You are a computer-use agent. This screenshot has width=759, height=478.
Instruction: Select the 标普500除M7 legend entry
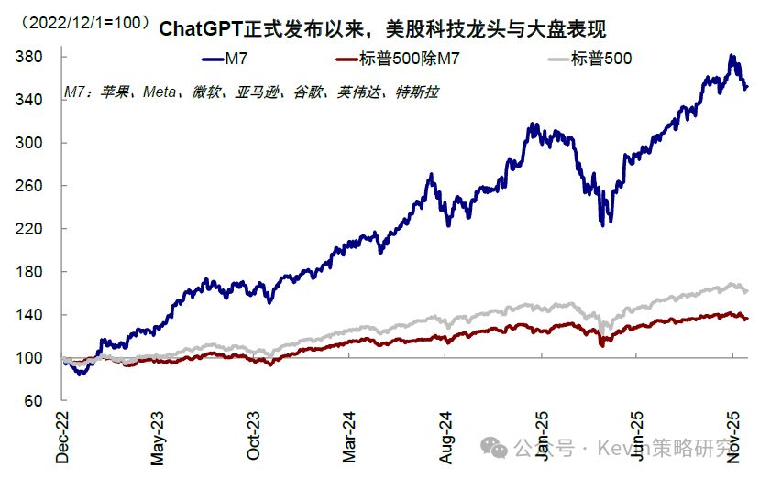click(397, 60)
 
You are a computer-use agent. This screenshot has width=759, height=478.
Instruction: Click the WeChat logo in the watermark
click(494, 447)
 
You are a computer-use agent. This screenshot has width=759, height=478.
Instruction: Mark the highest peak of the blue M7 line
click(731, 56)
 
